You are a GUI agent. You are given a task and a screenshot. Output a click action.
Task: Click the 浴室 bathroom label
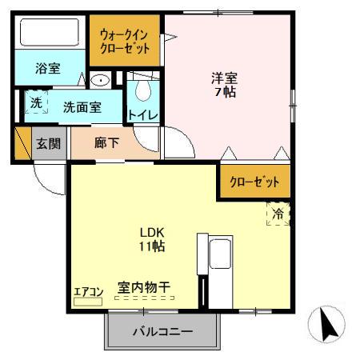point(47,69)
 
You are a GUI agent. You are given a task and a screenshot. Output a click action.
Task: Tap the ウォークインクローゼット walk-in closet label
point(125,42)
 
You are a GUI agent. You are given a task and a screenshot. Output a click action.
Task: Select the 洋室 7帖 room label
point(225,85)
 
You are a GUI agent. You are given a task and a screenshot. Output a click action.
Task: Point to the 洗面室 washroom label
point(82,106)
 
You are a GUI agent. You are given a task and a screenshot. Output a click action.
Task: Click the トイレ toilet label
point(142,114)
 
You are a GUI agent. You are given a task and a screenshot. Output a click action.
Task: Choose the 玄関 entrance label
point(47,144)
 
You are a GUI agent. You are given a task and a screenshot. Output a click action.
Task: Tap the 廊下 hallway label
point(105,144)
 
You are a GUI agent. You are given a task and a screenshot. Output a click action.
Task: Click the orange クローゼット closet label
point(255,182)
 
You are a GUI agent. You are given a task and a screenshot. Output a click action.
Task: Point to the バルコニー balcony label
point(162,331)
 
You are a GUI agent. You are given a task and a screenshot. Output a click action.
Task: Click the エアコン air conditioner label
point(88,292)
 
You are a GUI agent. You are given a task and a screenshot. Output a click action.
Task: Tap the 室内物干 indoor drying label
point(145,286)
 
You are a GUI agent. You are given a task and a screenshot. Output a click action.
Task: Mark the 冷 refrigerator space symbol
point(277,214)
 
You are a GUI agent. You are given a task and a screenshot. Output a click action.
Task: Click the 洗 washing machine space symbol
point(36,103)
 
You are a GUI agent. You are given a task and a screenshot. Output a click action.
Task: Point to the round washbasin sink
point(101,80)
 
